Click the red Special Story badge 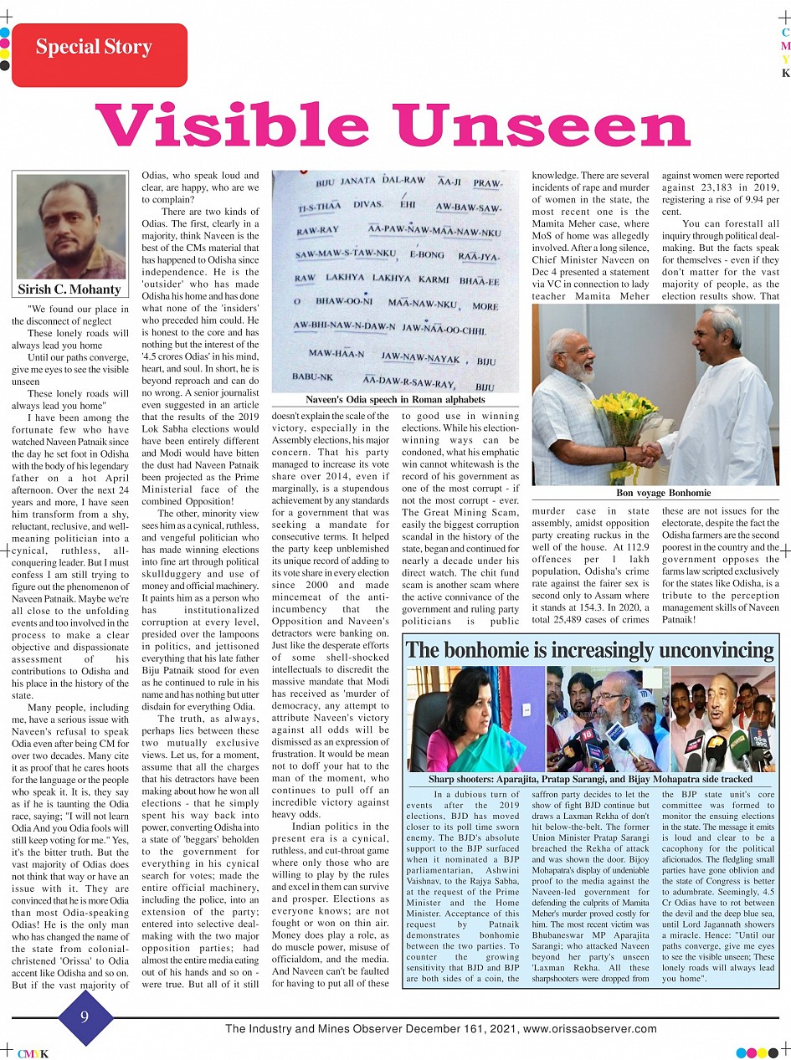(x=99, y=55)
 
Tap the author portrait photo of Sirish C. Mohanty (x=70, y=227)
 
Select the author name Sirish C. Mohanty (x=70, y=290)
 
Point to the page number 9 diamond (x=85, y=1017)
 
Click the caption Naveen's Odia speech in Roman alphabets (x=395, y=400)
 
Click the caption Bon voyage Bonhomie (x=656, y=494)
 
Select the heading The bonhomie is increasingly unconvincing (x=590, y=650)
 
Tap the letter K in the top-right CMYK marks (x=785, y=73)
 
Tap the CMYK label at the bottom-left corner (x=33, y=1054)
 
